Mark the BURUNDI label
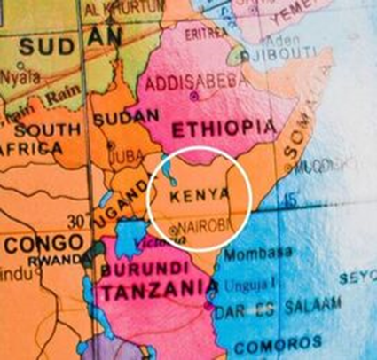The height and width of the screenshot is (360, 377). click(134, 268)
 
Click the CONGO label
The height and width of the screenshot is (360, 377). click(35, 243)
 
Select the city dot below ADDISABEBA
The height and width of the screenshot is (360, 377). click(194, 94)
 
